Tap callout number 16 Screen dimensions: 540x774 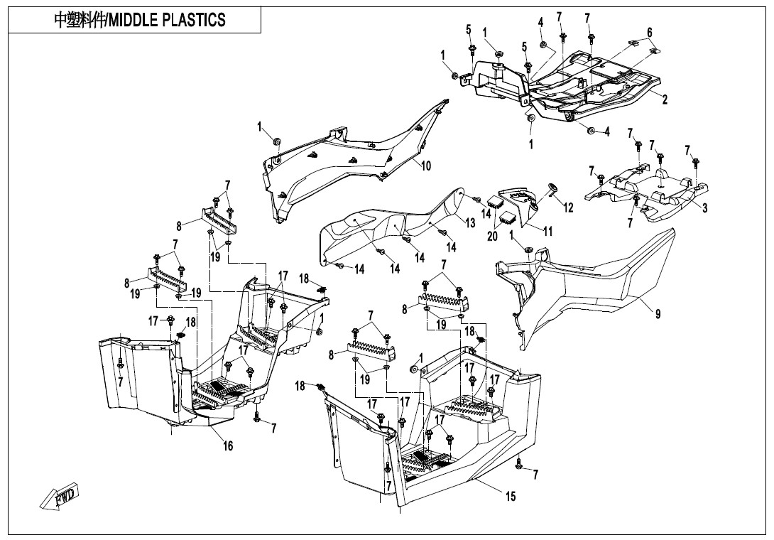[228, 446]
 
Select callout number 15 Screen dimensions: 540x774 [511, 497]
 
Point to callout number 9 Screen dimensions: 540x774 [658, 314]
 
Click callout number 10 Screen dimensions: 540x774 [426, 166]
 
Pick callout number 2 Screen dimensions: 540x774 [665, 99]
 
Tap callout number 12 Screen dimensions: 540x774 [568, 207]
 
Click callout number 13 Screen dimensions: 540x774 [470, 223]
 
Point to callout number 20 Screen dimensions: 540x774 [492, 237]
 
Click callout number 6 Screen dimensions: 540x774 [649, 33]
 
